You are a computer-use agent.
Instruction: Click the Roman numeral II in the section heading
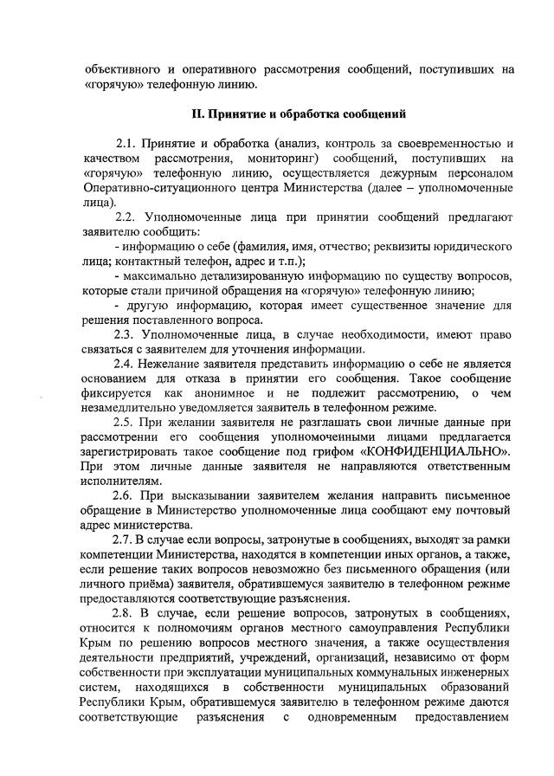pyautogui.click(x=196, y=114)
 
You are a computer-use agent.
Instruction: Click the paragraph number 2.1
pyautogui.click(x=127, y=143)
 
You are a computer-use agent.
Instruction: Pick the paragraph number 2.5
pyautogui.click(x=127, y=423)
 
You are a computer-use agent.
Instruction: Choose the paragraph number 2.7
pyautogui.click(x=127, y=540)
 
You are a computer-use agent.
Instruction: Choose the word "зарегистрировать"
pyautogui.click(x=136, y=451)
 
